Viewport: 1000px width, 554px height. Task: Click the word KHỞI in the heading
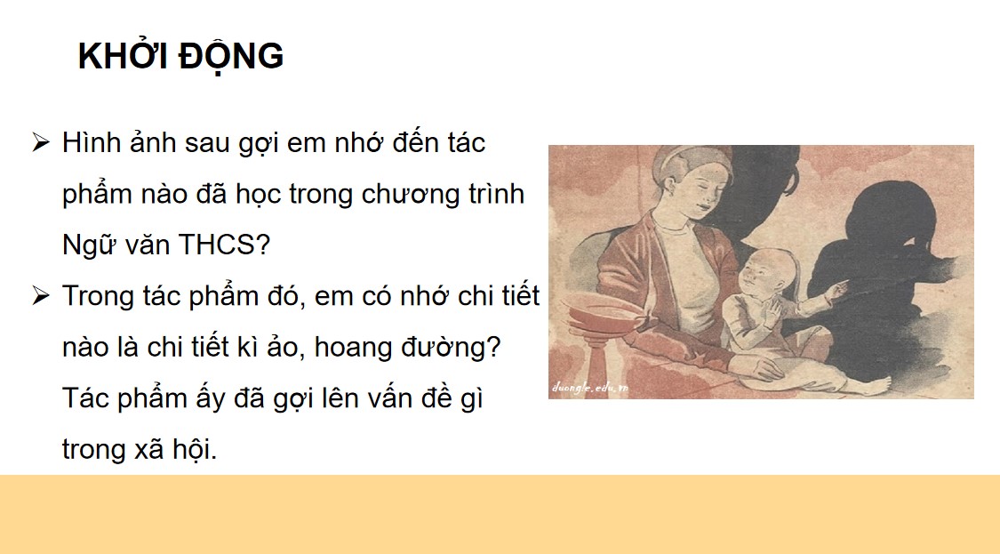[x=121, y=57]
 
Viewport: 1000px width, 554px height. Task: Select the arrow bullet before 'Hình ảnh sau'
[x=40, y=143]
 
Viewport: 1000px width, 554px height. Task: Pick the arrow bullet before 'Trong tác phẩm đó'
[x=40, y=296]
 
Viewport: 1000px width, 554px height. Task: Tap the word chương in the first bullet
[x=409, y=195]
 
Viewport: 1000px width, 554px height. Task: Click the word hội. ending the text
[x=196, y=449]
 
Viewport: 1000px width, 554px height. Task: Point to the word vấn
[x=388, y=398]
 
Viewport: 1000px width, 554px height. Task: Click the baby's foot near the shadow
[x=874, y=385]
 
